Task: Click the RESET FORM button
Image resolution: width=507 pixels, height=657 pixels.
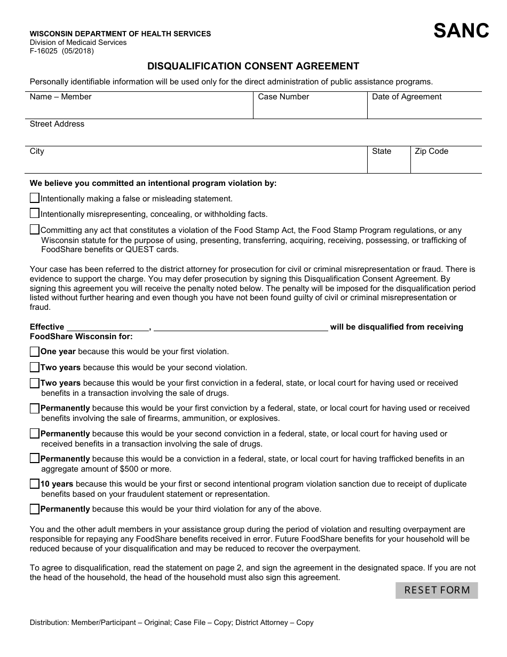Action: coord(437,590)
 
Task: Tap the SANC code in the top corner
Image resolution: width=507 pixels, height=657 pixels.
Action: coord(461,31)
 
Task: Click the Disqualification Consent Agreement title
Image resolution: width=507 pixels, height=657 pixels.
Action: coord(253,66)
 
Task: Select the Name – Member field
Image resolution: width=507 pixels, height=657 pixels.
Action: coord(139,109)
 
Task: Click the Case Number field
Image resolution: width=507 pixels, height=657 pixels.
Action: coord(310,109)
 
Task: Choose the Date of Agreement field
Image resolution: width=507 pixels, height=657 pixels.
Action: coord(424,109)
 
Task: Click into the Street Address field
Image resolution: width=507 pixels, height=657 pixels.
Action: coord(253,136)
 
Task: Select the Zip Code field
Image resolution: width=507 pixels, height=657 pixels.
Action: coord(446,163)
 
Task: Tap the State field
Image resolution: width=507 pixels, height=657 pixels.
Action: coord(389,163)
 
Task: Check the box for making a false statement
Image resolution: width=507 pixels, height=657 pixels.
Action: coord(35,198)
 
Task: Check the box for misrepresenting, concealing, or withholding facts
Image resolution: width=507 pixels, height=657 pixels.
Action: coord(35,214)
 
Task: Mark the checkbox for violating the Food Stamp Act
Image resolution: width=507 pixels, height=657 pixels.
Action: coord(35,230)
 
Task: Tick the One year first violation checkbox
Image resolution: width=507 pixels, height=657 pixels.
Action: coord(35,351)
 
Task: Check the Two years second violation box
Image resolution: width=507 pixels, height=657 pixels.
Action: coord(35,367)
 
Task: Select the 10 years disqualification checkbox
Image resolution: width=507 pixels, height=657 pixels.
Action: coord(35,484)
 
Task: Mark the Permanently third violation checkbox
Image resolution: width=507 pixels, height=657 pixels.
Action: coord(35,509)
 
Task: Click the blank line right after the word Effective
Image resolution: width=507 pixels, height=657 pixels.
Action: coord(108,327)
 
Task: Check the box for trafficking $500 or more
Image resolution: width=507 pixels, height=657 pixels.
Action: coord(35,459)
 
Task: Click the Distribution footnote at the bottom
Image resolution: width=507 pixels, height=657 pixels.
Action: coord(171,622)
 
